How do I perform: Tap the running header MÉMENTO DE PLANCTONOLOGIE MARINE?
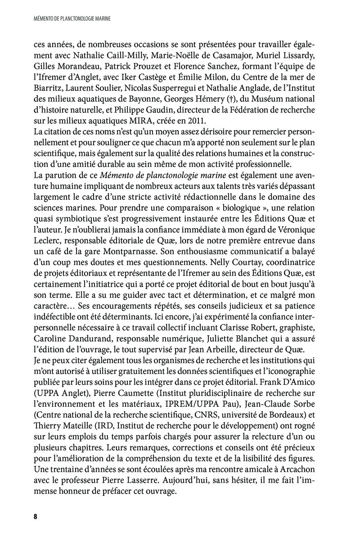click(x=72, y=19)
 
